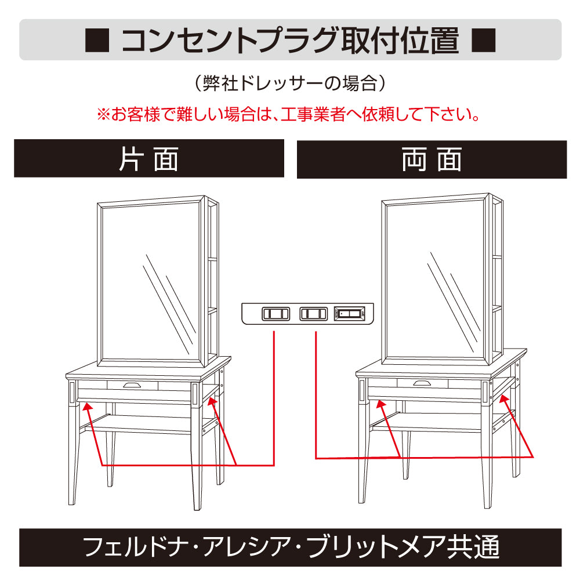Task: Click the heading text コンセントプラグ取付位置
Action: (x=290, y=40)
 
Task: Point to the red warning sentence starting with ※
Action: (x=290, y=114)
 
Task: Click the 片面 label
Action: (x=148, y=159)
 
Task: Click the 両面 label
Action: (x=432, y=159)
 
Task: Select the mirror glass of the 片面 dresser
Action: (x=151, y=281)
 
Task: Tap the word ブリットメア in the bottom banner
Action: (x=360, y=547)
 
